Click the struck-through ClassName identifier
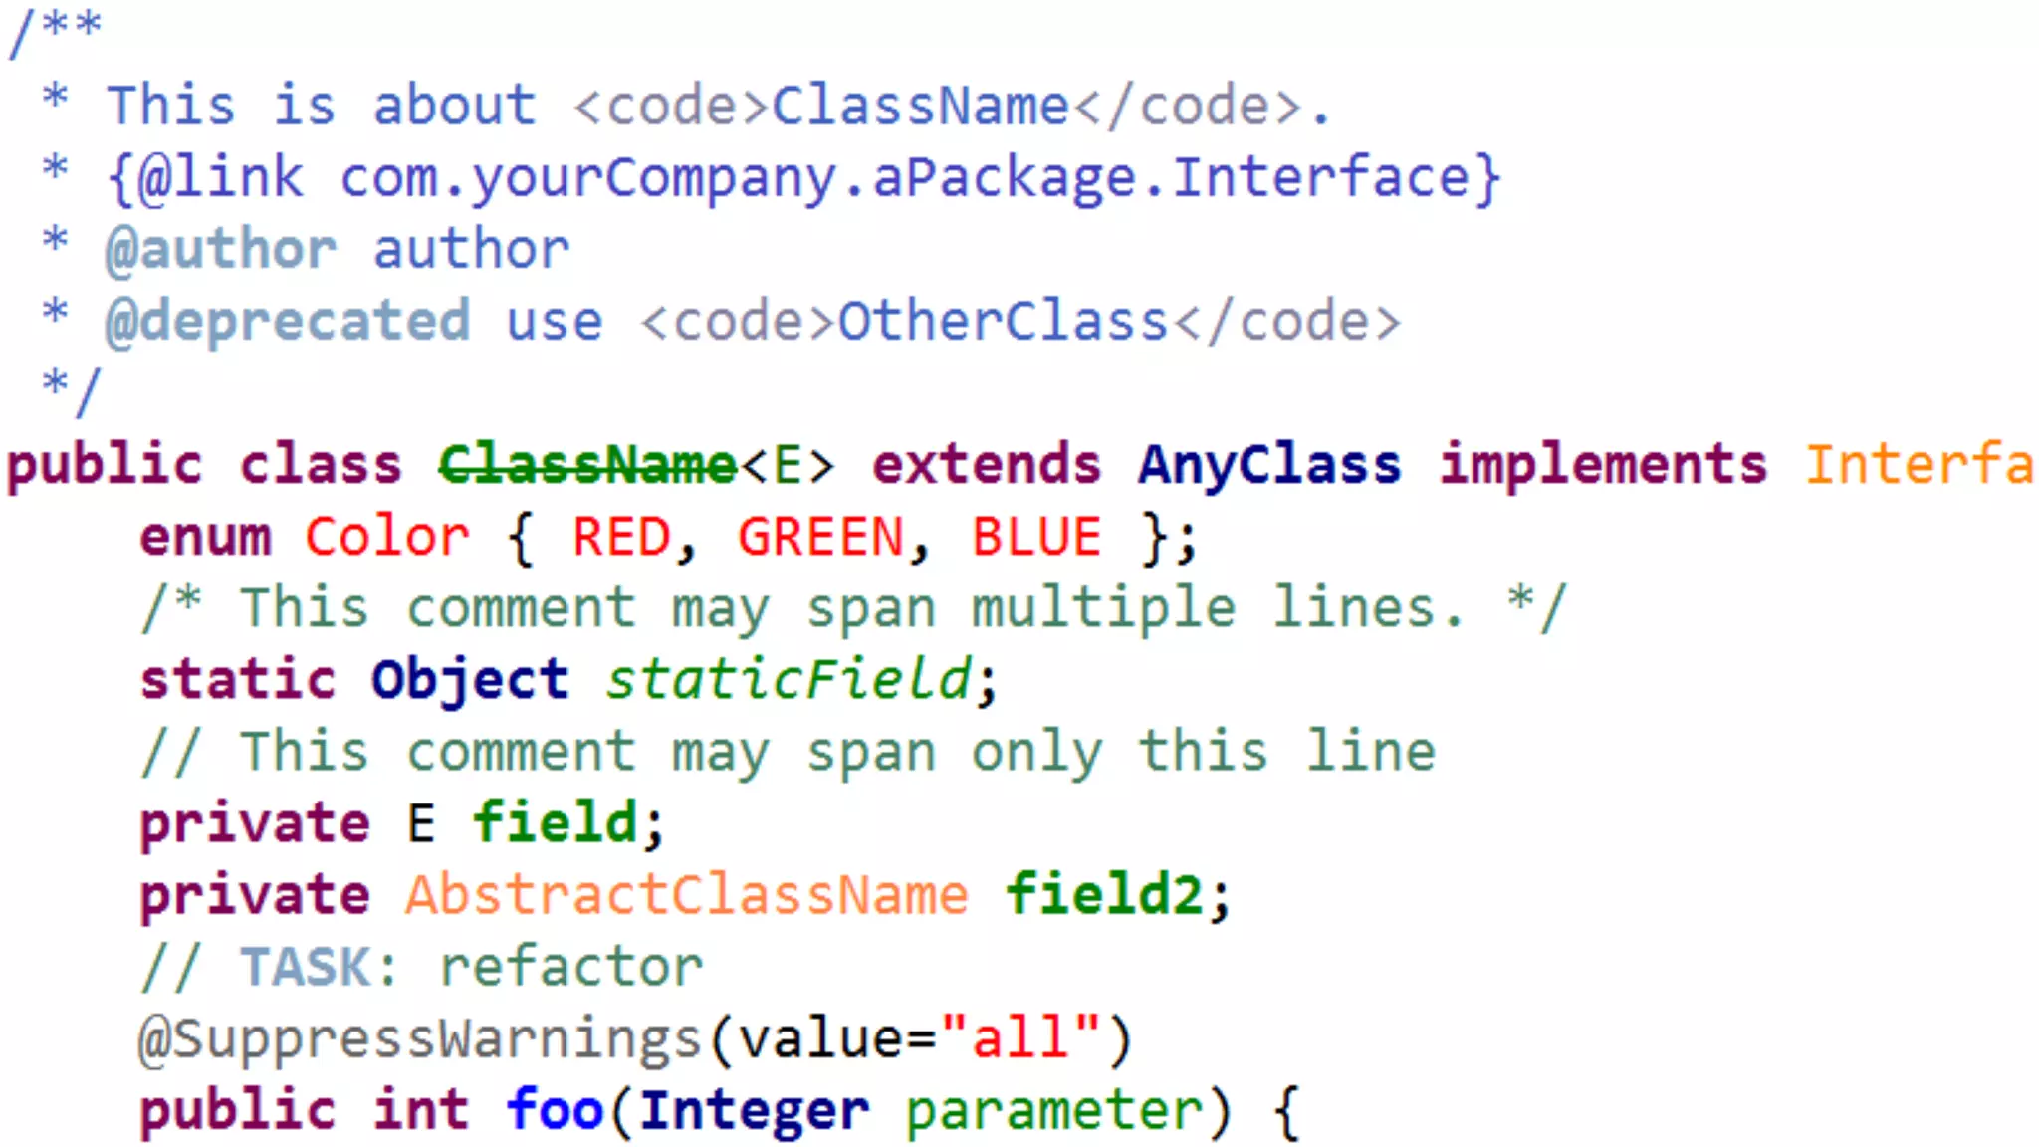tap(587, 466)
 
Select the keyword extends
tap(987, 466)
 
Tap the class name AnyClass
tap(1269, 466)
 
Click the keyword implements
tap(1603, 466)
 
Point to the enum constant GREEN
tap(820, 538)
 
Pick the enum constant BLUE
tap(1036, 538)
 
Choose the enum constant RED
tap(621, 538)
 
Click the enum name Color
tap(386, 538)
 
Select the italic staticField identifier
tap(789, 681)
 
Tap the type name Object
tap(470, 681)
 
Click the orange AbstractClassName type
tap(686, 895)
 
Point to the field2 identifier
tap(1104, 895)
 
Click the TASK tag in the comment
tap(306, 967)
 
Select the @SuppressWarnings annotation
tap(420, 1038)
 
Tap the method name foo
tap(555, 1110)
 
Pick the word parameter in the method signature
tap(1053, 1110)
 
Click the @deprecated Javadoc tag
tap(288, 322)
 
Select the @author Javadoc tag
tap(221, 249)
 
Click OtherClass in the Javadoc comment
tap(1003, 322)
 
